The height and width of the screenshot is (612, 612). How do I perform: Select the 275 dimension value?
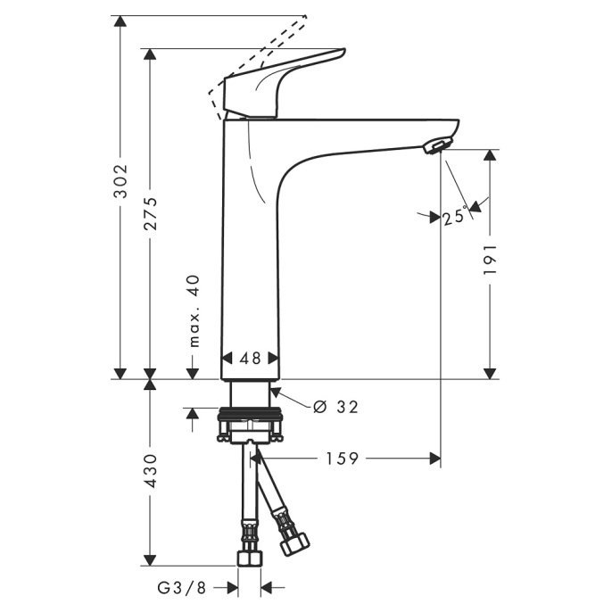[x=151, y=212]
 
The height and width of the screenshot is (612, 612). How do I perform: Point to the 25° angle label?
[x=455, y=216]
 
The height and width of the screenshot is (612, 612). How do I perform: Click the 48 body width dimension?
[x=250, y=358]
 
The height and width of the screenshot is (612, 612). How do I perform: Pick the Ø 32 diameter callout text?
[x=336, y=407]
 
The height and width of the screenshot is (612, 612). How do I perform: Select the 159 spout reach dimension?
[x=342, y=459]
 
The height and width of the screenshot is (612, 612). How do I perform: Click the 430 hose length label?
[x=151, y=470]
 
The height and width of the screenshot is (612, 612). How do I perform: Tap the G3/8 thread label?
[x=181, y=587]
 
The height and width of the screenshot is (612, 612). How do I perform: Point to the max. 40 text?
[x=194, y=311]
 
